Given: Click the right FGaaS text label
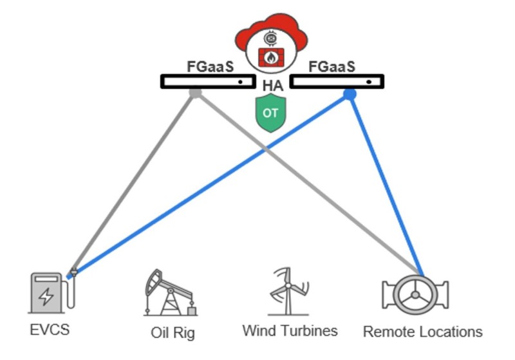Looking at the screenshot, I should point(332,68).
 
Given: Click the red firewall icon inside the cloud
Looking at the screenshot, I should point(270,57).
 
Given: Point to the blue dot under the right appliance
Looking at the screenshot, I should point(350,95).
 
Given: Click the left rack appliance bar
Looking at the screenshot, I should point(208,82).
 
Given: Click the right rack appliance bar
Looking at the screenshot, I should point(337,82).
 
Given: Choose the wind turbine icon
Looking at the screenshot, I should point(288,290).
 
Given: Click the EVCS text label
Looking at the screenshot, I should point(50,330).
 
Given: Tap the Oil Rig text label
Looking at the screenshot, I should point(172,333).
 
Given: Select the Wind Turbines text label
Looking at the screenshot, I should point(290,330).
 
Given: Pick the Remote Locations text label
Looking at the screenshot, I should point(422,332).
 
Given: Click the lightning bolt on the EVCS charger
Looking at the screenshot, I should point(46,297).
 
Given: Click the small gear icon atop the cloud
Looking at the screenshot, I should point(270,38).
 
